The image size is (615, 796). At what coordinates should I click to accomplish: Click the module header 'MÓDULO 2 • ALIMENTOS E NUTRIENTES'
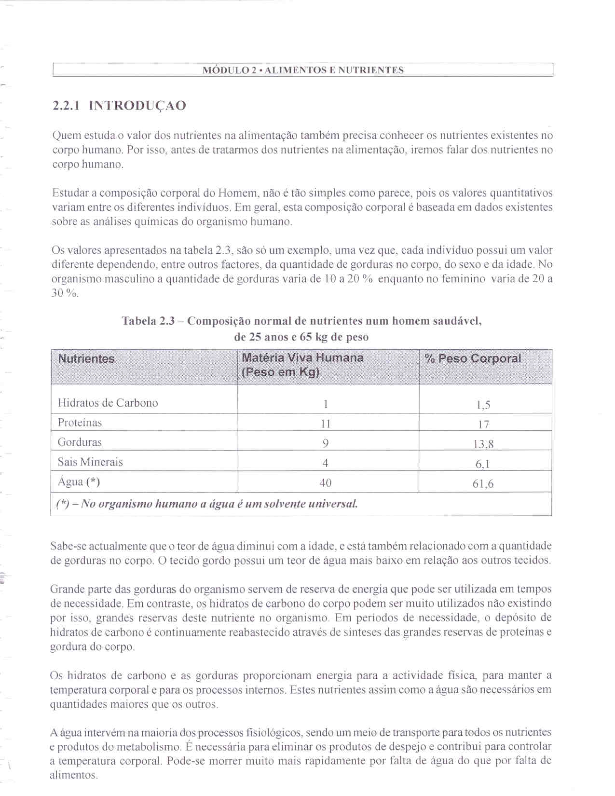pos(303,70)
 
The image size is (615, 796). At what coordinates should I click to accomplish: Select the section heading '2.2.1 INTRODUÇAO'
pos(119,106)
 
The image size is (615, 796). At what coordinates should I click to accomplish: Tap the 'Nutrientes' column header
pos(86,358)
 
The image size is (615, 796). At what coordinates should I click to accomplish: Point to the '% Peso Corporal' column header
pos(473,358)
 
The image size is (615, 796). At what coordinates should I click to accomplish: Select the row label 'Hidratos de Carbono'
pos(108,403)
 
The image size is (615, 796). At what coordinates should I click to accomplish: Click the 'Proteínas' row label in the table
pos(80,423)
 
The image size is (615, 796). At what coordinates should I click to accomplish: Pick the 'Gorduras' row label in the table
pos(80,442)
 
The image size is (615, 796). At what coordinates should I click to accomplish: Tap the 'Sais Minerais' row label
pos(90,462)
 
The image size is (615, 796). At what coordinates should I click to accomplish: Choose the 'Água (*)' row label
pos(79,482)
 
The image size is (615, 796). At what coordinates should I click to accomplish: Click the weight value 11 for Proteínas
pos(326,424)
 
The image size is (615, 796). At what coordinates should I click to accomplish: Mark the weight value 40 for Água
pos(326,483)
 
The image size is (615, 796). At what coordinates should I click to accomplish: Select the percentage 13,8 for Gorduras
pos(483,444)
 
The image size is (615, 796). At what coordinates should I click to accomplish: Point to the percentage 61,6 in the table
pos(483,484)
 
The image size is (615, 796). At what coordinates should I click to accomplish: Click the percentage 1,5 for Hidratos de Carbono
pos(483,405)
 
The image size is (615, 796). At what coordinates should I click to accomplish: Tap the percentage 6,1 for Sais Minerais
pos(483,464)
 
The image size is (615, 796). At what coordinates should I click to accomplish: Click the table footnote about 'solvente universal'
pos(207,504)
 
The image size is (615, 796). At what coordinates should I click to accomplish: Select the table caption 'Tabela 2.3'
pos(148,321)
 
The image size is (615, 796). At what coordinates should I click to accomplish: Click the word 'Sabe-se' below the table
pos(67,546)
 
